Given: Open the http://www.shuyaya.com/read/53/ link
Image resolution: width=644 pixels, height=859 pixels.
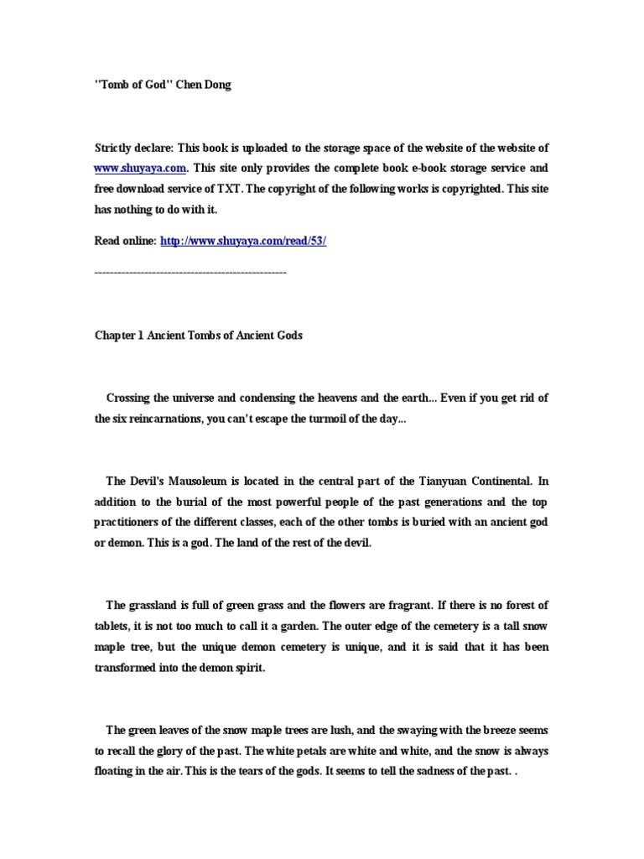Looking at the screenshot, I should click(x=243, y=240).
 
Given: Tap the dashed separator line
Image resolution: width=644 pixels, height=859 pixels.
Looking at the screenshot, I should click(x=191, y=273).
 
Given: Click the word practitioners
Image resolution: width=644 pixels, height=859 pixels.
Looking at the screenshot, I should click(x=129, y=522).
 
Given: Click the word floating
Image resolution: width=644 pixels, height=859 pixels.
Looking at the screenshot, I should click(x=117, y=772).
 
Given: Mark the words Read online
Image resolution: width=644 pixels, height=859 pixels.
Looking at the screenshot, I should click(x=125, y=240).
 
